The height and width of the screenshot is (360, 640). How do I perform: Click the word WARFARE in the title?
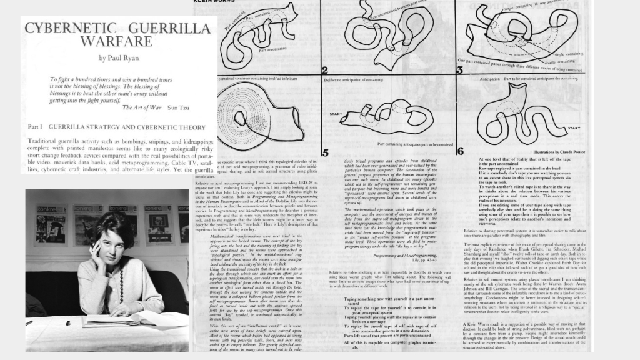(116, 42)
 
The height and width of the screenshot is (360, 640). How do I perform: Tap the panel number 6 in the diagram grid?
(459, 151)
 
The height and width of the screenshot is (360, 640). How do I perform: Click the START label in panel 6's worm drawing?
(574, 127)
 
